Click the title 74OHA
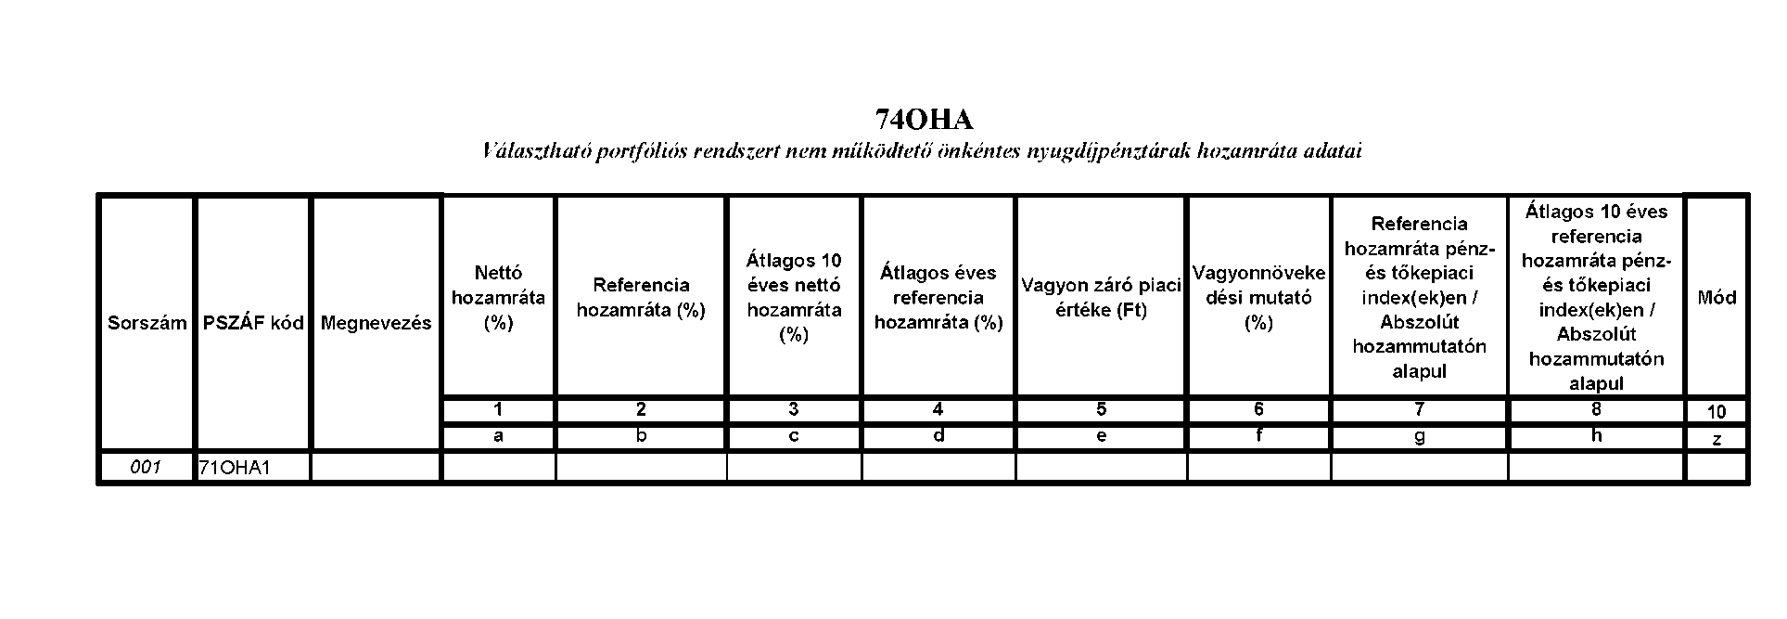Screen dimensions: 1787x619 [925, 120]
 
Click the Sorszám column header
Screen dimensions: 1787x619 [147, 323]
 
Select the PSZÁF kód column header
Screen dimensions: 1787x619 [253, 323]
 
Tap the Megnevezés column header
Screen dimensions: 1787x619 [376, 323]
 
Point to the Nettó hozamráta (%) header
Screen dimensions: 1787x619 [499, 298]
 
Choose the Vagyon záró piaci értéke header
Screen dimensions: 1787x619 [1101, 298]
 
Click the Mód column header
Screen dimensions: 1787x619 [1717, 298]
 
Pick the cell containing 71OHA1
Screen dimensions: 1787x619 [234, 468]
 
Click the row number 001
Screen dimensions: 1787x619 [147, 467]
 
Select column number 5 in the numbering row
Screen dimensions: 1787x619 [1101, 409]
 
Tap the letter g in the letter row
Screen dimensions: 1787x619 [1419, 437]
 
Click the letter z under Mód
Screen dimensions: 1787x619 [1717, 440]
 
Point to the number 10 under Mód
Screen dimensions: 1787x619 [1717, 412]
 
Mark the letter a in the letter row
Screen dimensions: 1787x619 [499, 436]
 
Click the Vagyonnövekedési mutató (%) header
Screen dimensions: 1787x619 [1258, 298]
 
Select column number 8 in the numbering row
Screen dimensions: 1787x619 [1596, 409]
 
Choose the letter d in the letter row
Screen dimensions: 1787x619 [938, 436]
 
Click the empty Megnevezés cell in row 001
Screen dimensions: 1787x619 [376, 467]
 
